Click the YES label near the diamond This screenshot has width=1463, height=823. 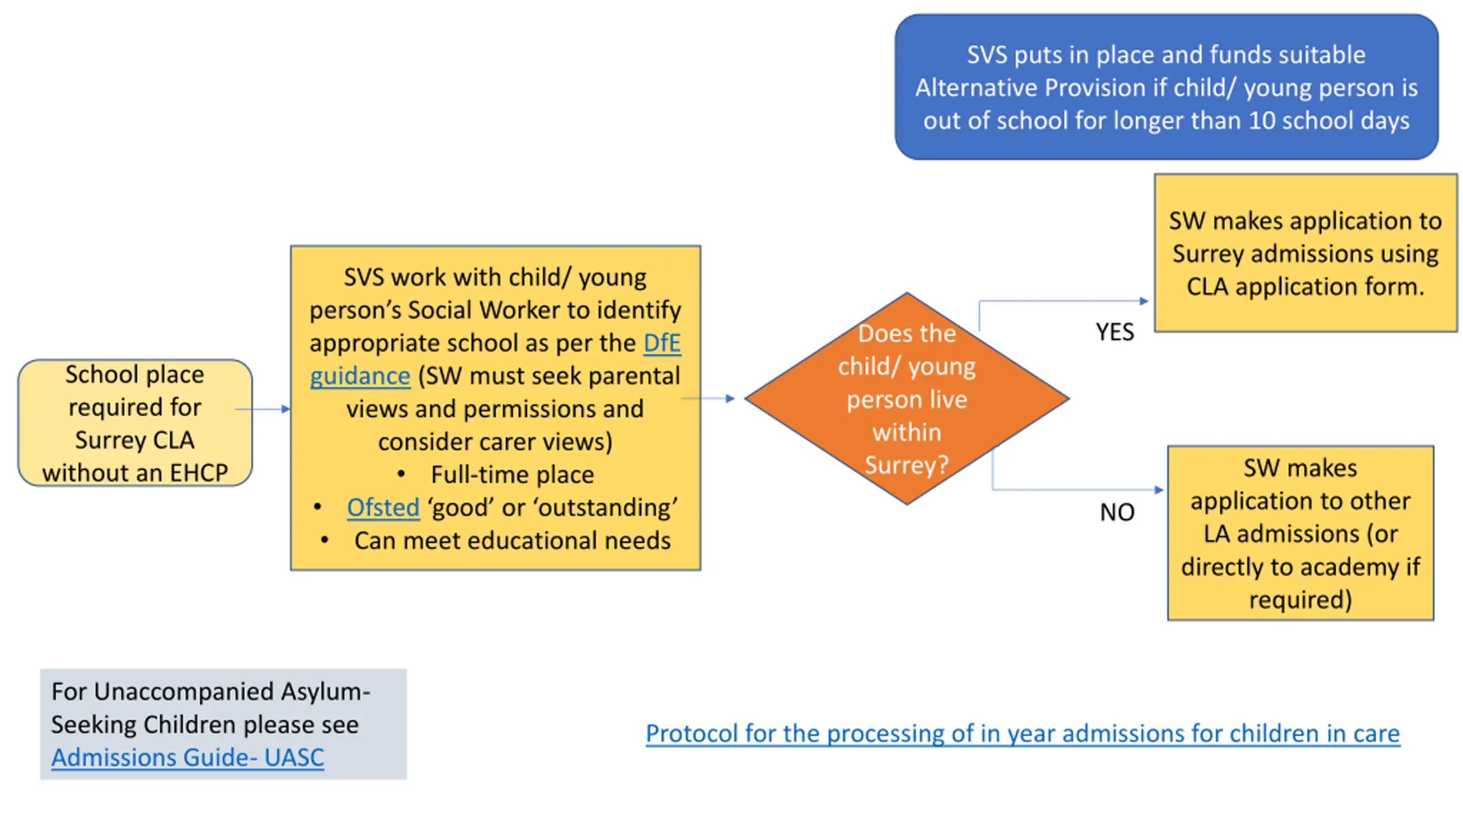[x=1114, y=332]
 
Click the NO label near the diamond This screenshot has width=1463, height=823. [x=1117, y=512]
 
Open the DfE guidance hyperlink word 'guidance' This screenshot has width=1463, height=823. [x=360, y=377]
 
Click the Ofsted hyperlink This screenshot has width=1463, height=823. [x=383, y=508]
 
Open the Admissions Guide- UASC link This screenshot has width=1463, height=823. [x=187, y=758]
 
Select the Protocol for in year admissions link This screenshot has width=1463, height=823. [x=1022, y=734]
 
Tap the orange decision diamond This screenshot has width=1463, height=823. [x=906, y=399]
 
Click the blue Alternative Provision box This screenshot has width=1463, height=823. [x=1166, y=87]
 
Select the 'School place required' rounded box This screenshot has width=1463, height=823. [x=135, y=423]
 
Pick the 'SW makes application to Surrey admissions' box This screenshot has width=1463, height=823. [x=1305, y=253]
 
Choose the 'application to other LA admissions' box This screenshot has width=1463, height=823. [x=1300, y=533]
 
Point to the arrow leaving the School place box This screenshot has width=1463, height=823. [x=263, y=409]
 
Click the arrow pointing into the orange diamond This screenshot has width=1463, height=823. [x=709, y=398]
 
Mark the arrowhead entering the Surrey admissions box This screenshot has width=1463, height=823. [x=1144, y=301]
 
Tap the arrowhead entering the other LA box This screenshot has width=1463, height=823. [x=1158, y=490]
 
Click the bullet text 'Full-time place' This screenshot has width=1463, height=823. [x=512, y=475]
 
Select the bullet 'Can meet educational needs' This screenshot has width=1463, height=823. [x=512, y=541]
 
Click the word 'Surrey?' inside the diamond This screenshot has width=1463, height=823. [x=906, y=465]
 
